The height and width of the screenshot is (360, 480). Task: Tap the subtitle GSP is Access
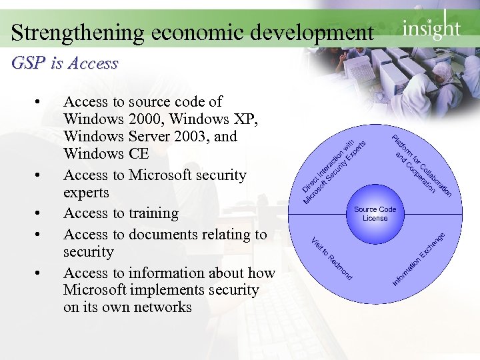65,63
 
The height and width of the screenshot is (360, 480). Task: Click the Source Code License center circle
375,214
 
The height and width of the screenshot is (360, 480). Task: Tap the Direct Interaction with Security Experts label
333,171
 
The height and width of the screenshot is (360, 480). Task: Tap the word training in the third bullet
153,213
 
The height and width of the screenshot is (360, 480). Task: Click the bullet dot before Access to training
39,214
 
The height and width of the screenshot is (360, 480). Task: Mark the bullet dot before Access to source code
39,103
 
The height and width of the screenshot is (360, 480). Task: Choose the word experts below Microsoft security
86,193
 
